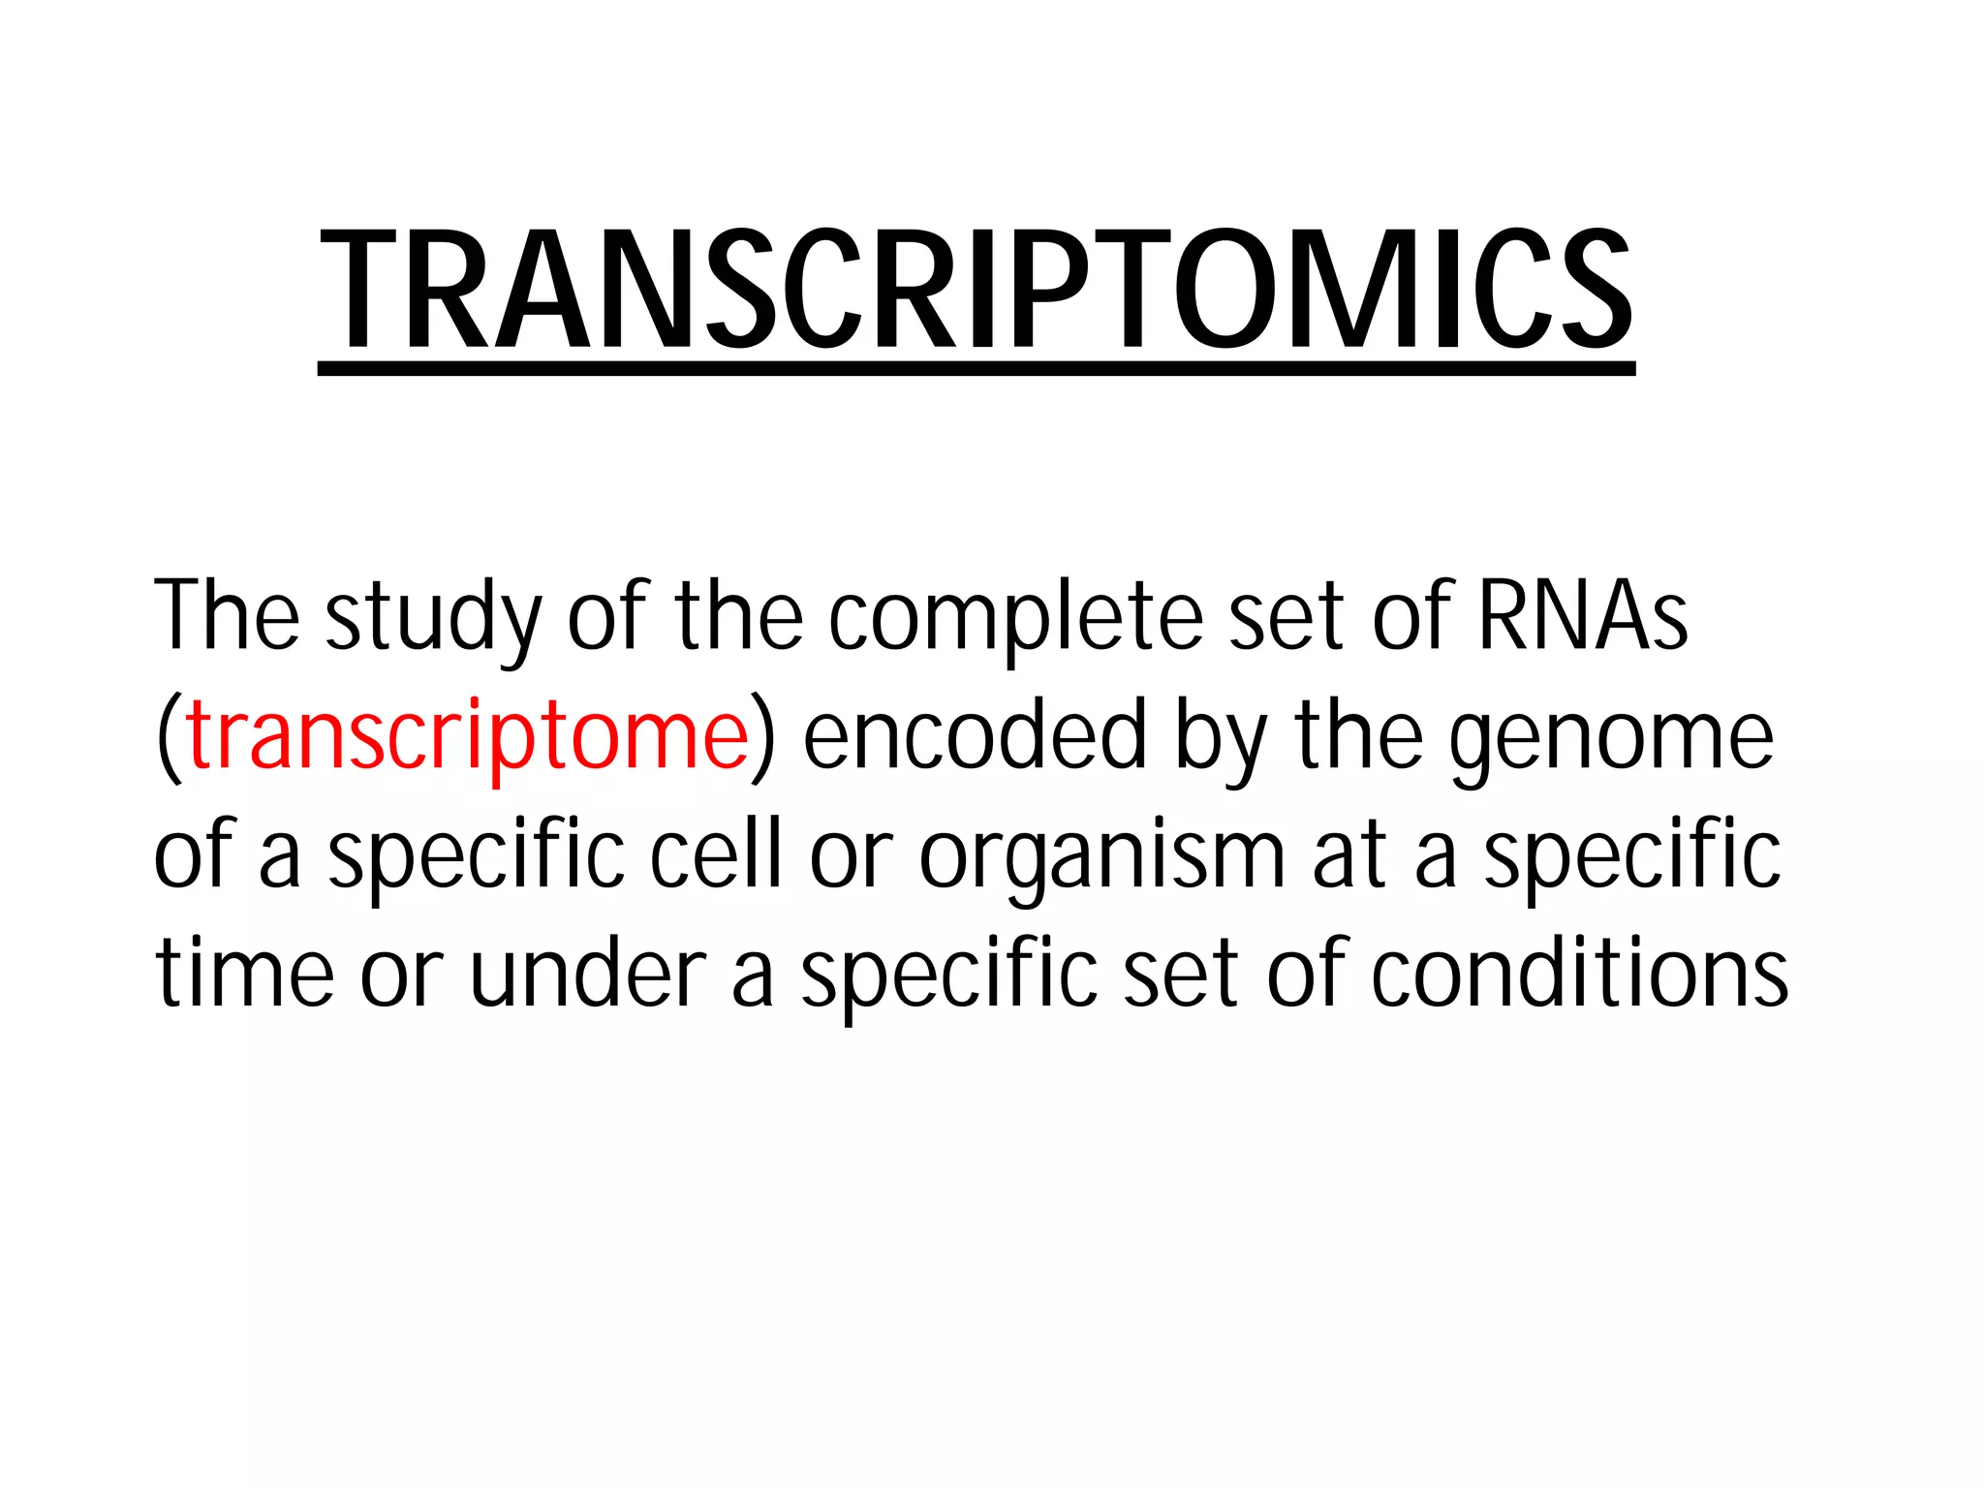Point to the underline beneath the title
(x=976, y=368)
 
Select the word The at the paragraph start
(x=227, y=615)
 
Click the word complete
(x=1014, y=620)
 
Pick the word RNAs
(x=1582, y=615)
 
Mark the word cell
(x=715, y=854)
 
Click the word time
(x=245, y=974)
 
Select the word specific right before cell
(x=477, y=858)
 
